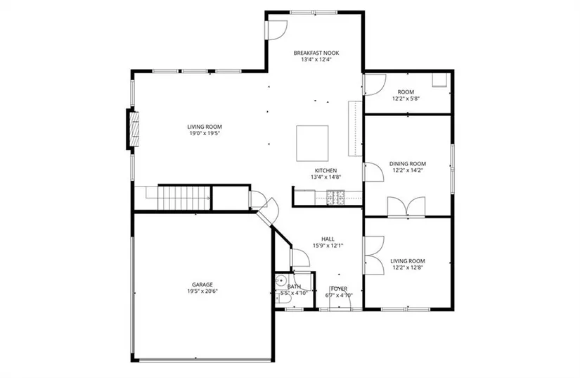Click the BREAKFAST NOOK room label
coord(316,53)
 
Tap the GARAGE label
coord(202,284)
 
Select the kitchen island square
coord(312,144)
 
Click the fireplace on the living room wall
coord(133,129)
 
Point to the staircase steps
coord(183,198)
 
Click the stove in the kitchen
coord(335,197)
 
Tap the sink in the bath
coord(281,281)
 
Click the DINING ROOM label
coord(407,163)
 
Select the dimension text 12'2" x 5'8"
coord(406,99)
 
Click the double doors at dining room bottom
coord(406,206)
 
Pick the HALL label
coord(328,239)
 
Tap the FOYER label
coord(339,289)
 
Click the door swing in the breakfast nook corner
coord(276,30)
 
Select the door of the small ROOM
coord(374,84)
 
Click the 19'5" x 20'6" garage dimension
coord(202,291)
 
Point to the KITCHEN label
coord(326,170)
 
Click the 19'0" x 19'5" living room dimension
coord(204,133)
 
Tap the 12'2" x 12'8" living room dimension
coord(407,267)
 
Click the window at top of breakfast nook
coord(314,13)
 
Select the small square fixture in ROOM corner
coord(440,80)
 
